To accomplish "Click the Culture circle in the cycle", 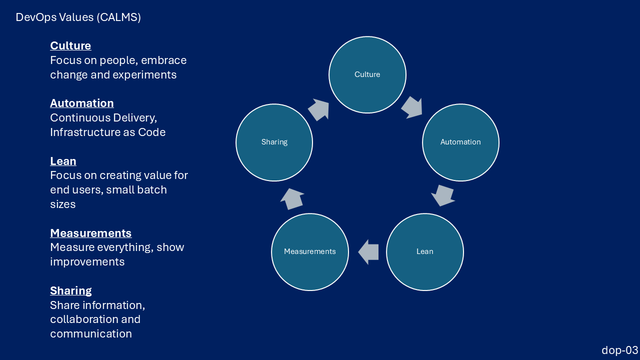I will (367, 74).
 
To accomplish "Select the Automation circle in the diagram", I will (460, 142).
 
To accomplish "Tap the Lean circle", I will (425, 251).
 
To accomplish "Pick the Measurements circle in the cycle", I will (310, 251).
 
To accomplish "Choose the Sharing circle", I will (274, 142).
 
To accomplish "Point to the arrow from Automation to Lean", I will (443, 195).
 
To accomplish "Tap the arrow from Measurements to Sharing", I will (292, 198).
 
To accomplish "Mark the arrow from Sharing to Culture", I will (318, 109).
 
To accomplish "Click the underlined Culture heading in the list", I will (70, 46).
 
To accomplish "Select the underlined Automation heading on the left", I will (82, 103).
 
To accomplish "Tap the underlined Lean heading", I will (63, 161).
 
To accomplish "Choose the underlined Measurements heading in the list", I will (91, 233).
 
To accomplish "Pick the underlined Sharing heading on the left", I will (71, 291).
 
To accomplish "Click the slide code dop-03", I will (619, 350).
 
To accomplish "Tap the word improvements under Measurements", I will (87, 262).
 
